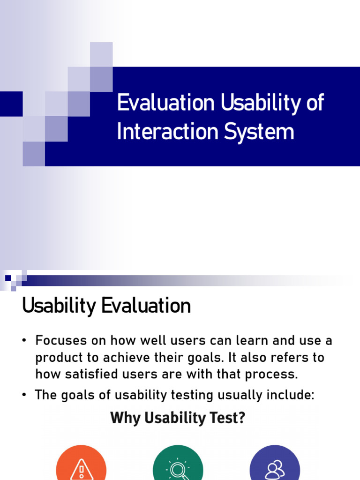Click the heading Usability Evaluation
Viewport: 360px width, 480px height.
click(x=106, y=306)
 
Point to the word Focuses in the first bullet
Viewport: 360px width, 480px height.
click(x=59, y=340)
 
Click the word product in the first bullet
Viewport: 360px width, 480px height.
click(x=56, y=357)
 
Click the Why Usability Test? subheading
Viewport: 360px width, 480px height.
click(x=178, y=418)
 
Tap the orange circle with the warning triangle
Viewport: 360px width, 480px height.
click(x=81, y=466)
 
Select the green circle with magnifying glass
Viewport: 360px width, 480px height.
click(x=178, y=466)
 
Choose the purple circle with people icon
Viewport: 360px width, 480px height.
click(x=275, y=466)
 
